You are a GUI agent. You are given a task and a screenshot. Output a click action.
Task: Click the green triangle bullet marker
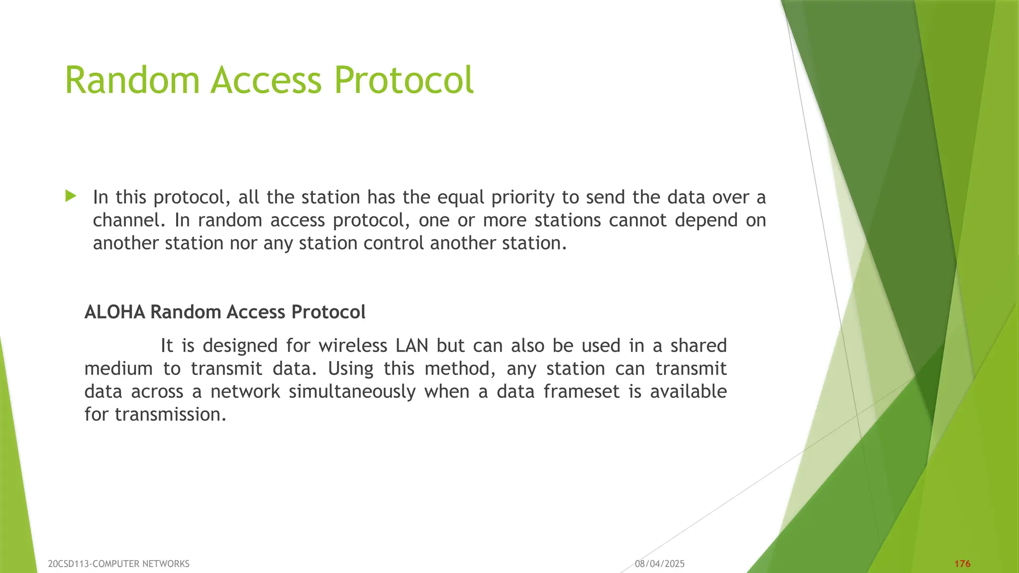(x=71, y=196)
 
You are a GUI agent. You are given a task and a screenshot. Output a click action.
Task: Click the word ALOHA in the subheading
(x=114, y=312)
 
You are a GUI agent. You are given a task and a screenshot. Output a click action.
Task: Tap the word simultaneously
(x=352, y=392)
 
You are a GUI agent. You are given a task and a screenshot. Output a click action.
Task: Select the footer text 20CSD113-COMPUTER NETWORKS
(x=118, y=564)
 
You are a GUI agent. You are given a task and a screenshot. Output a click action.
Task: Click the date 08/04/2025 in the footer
(x=659, y=564)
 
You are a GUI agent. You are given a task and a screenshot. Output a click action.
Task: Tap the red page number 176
(x=962, y=564)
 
